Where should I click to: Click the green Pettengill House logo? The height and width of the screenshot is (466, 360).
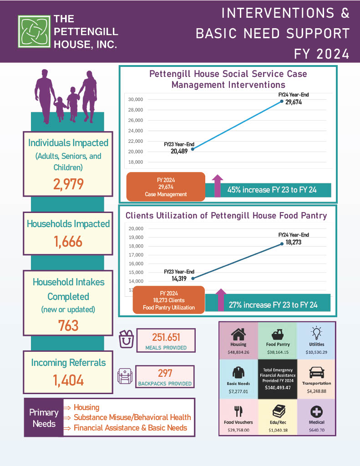point(33,31)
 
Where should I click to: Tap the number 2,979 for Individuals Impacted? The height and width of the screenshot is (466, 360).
point(68,185)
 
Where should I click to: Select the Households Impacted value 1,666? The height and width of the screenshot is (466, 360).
point(68,241)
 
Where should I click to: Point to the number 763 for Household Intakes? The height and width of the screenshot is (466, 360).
point(68,325)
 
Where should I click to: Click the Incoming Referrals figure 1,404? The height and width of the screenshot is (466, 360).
point(68,380)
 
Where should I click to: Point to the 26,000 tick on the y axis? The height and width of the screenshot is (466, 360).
point(137,120)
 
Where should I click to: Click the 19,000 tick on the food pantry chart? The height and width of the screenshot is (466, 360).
point(137,237)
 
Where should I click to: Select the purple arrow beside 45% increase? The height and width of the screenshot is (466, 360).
point(217,185)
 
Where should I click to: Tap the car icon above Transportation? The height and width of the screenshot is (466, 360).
point(316,373)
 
